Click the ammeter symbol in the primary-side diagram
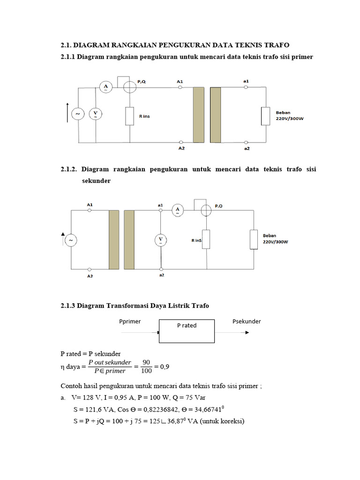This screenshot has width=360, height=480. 106,87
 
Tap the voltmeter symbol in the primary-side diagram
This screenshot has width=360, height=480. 95,114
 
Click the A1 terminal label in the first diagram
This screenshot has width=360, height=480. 180,82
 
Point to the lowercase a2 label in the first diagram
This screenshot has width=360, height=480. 247,148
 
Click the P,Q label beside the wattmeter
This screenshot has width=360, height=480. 142,82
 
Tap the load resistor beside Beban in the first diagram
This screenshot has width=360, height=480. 266,115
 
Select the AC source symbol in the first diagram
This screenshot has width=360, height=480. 76,114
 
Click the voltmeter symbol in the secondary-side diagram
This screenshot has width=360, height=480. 161,240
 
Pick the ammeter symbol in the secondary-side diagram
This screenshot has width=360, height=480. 177,210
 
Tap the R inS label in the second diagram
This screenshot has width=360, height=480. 196,240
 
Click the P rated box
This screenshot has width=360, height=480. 187,331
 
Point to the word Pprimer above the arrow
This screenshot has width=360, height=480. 130,322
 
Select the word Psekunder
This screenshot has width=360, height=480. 247,322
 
